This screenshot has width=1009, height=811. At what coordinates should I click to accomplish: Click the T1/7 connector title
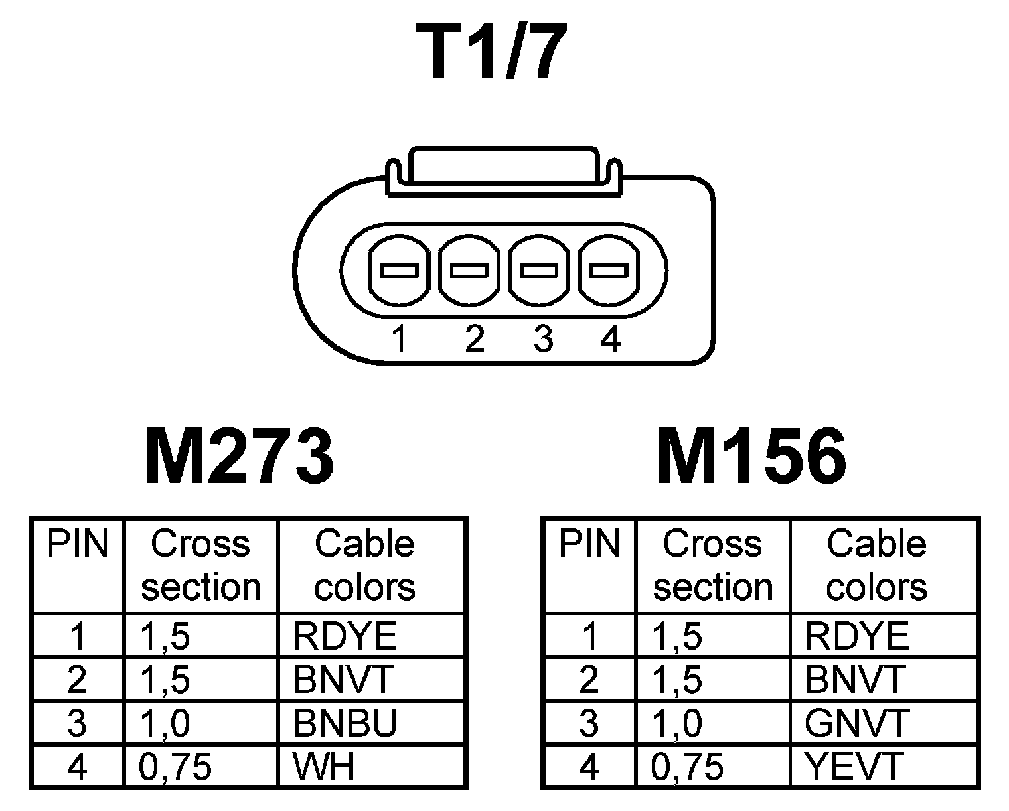492,51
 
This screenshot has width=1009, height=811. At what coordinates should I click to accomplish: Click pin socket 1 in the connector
398,271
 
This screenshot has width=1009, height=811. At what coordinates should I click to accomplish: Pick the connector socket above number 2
469,271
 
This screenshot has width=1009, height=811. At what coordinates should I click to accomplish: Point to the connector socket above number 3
538,271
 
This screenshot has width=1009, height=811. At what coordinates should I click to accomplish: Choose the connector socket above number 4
609,271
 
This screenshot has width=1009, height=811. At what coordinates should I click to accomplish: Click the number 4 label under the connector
609,340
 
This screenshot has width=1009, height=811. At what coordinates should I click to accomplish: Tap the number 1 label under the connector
398,340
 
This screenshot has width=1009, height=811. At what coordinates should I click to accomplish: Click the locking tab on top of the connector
504,166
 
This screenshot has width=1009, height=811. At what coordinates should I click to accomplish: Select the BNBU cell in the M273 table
345,723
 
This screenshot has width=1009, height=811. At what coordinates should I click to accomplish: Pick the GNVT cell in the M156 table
856,723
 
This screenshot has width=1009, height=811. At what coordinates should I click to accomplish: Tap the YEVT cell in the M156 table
854,767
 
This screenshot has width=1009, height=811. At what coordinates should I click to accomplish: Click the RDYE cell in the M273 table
345,636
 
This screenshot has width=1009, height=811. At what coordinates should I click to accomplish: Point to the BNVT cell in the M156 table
855,680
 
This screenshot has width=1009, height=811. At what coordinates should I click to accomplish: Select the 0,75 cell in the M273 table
175,767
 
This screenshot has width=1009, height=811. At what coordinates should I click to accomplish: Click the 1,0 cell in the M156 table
676,723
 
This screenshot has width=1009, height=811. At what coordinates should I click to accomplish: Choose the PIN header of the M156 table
589,544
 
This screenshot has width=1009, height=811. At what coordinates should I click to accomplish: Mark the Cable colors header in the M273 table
364,565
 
